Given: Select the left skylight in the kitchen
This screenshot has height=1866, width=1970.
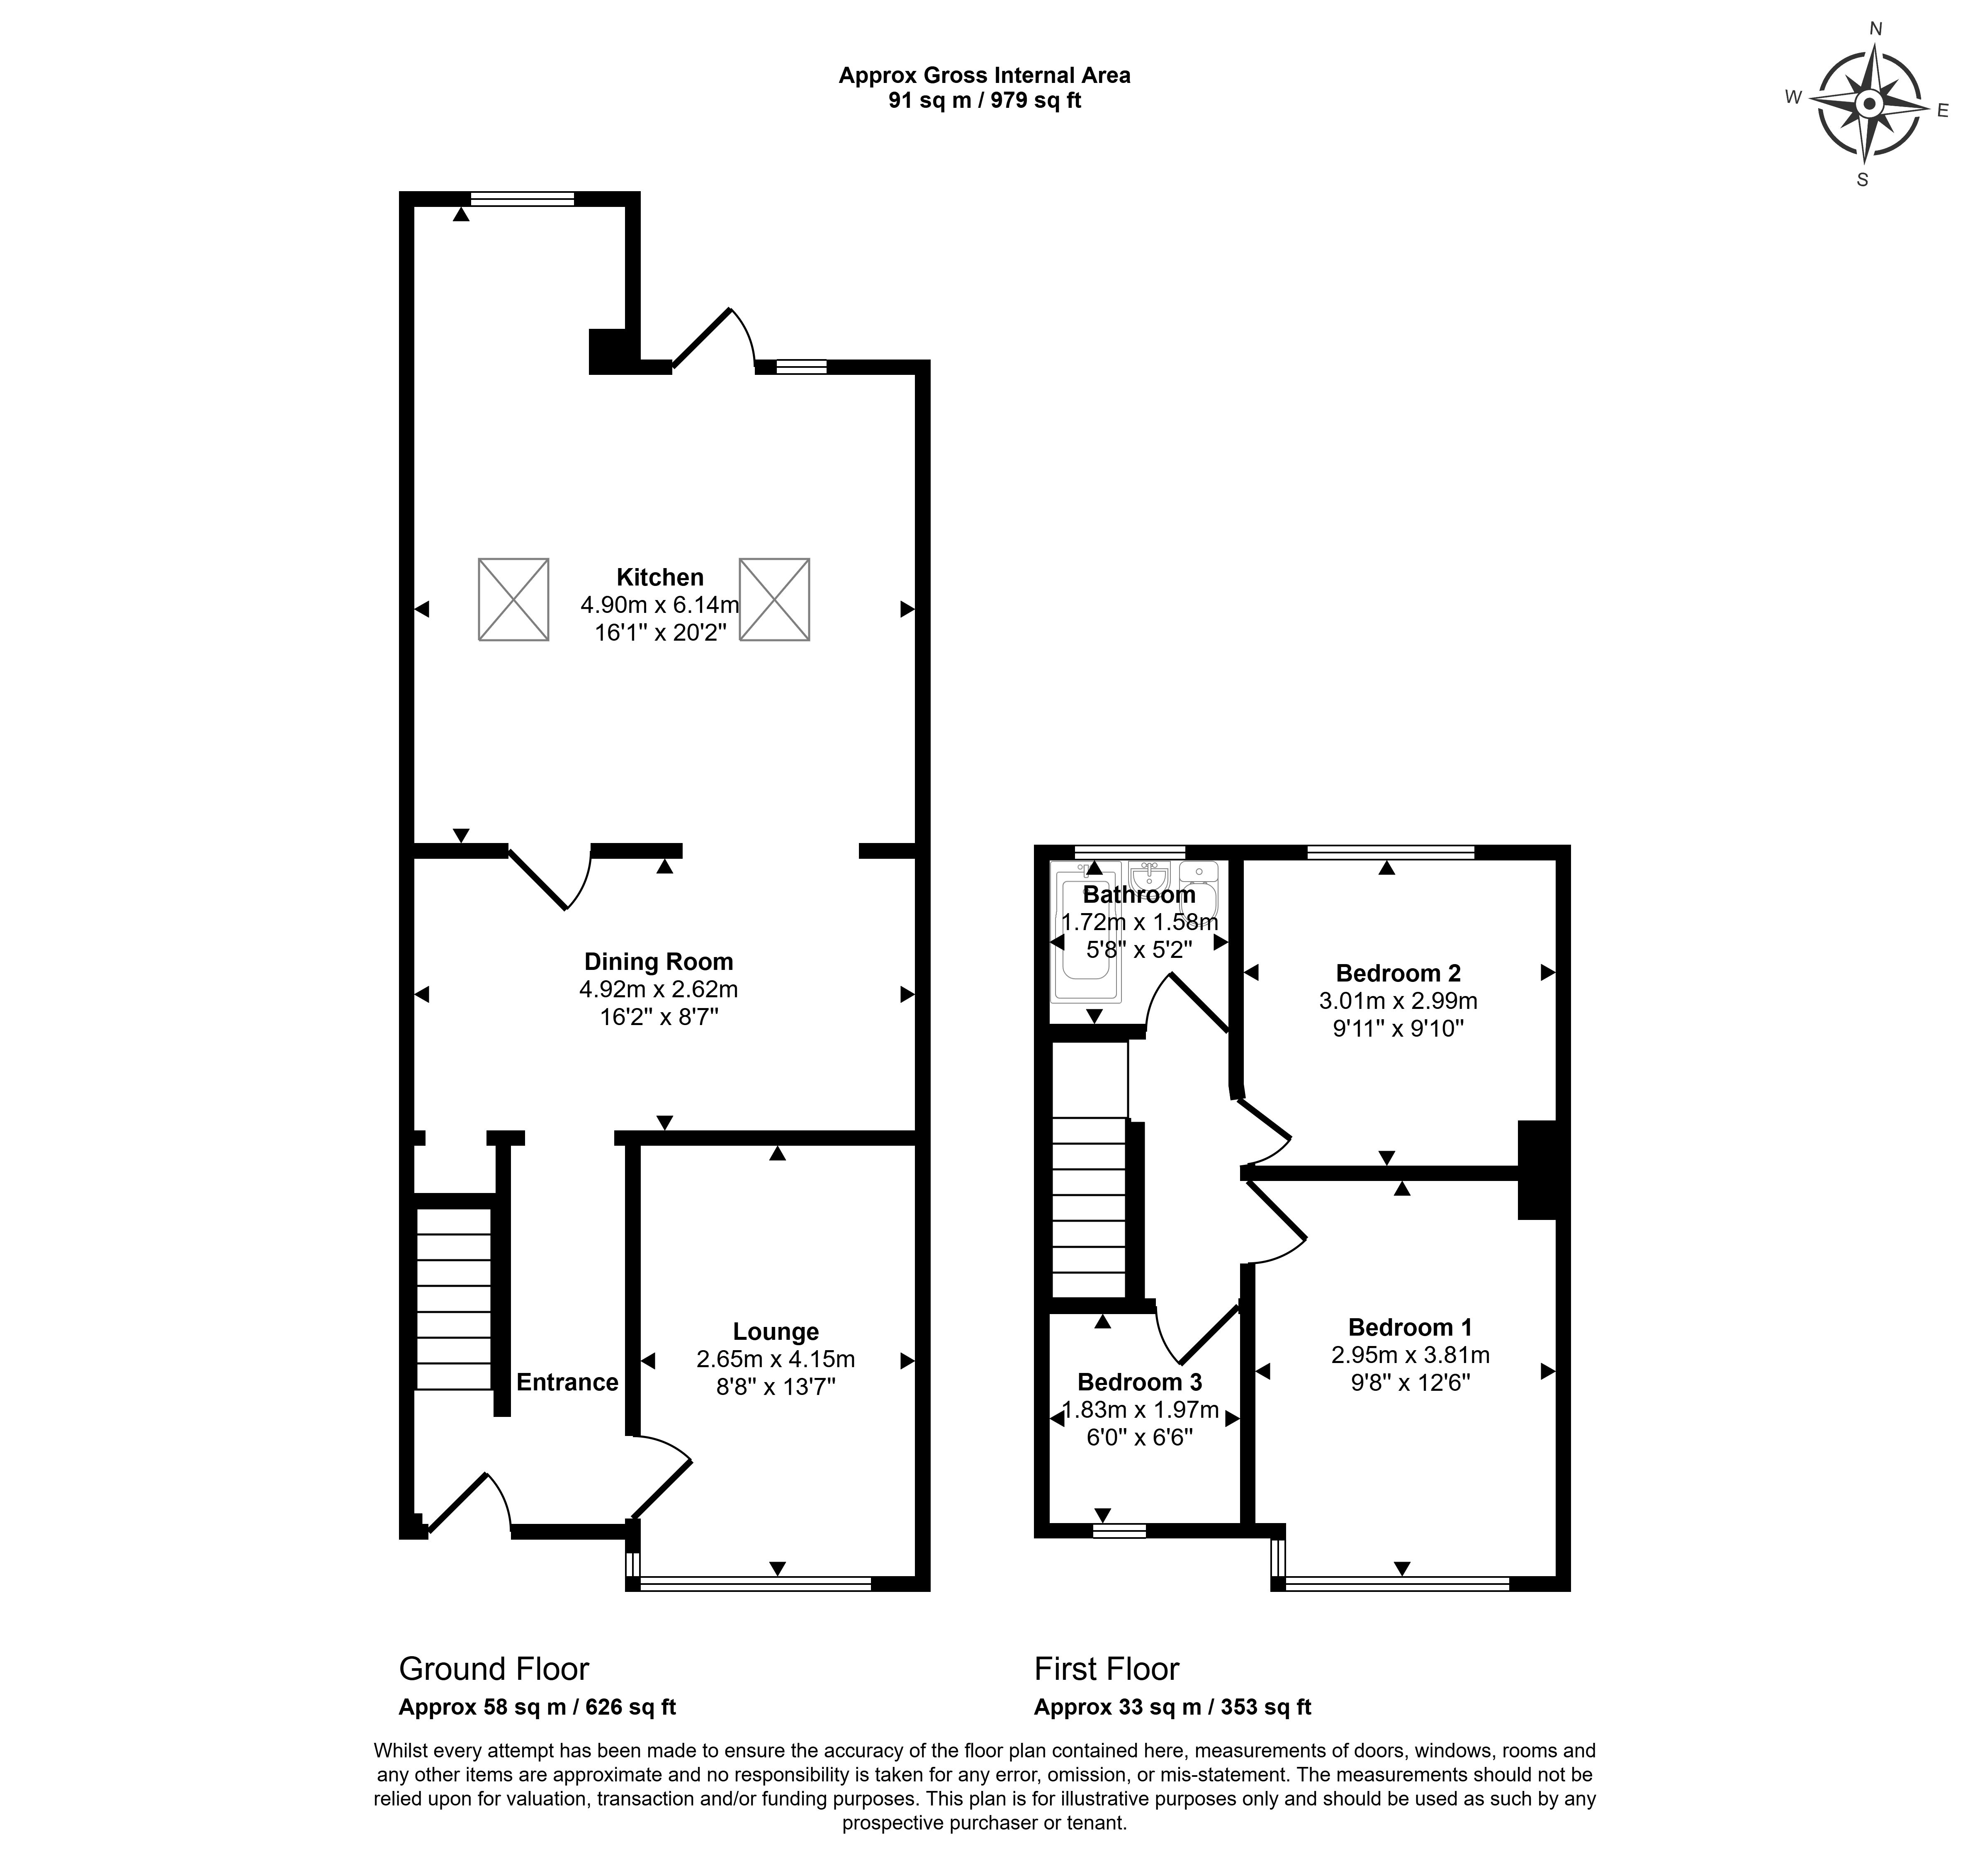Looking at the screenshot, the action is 513,600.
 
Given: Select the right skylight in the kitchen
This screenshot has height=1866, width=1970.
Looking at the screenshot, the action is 774,600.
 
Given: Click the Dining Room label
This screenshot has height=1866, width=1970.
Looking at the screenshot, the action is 659,962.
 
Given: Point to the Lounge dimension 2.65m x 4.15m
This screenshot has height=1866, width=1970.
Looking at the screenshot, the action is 776,1359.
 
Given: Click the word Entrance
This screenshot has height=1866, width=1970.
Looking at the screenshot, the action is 567,1382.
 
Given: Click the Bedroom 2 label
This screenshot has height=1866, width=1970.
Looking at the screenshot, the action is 1398,974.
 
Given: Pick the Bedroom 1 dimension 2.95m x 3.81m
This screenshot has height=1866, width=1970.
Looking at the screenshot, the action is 1410,1355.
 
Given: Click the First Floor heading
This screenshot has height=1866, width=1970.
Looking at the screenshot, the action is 1107,1669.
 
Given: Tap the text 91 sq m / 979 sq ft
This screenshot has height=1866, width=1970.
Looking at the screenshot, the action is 984,100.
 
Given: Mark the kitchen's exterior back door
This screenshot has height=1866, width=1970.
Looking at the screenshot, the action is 713,338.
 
